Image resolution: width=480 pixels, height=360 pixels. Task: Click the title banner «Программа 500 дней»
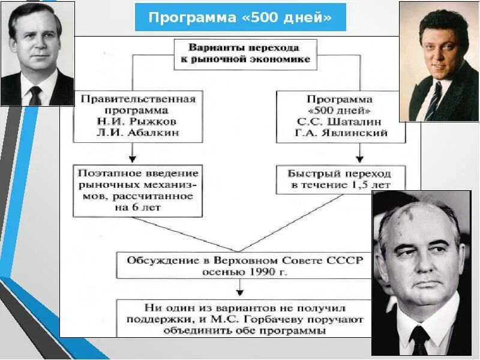[240, 17]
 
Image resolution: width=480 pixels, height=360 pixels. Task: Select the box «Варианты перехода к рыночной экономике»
[244, 53]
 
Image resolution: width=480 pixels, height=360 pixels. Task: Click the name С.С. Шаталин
[340, 122]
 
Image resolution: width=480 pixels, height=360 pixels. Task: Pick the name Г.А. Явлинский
[340, 133]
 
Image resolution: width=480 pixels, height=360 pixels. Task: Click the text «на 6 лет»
[137, 208]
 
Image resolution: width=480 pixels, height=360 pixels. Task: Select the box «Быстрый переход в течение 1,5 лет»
[340, 179]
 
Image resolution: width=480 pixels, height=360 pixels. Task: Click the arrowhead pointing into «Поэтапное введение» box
[132, 160]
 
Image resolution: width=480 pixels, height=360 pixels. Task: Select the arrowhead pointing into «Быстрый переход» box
[359, 160]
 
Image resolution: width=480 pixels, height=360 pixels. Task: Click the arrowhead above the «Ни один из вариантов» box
[239, 293]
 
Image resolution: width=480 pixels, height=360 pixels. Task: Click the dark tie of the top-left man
[36, 94]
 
